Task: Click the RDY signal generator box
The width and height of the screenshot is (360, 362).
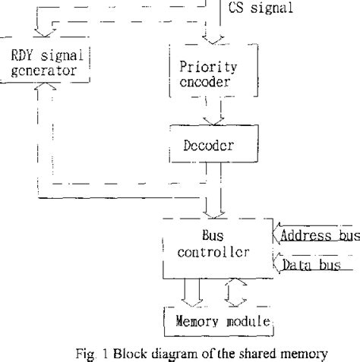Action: (x=46, y=62)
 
